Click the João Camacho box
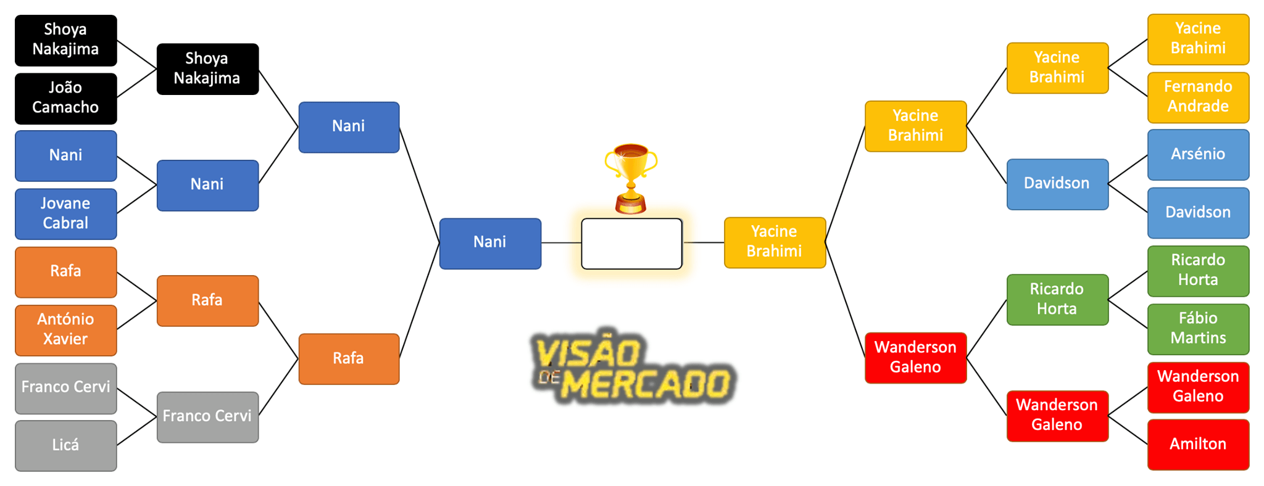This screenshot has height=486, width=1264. (65, 98)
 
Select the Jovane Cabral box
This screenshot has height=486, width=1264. (65, 213)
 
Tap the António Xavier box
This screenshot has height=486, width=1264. (65, 329)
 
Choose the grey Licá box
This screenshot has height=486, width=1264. (65, 445)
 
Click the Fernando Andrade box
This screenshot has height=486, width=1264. (1198, 97)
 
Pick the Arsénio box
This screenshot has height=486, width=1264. (1198, 154)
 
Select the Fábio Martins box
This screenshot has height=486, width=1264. (1198, 329)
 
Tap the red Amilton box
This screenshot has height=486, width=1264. (1198, 444)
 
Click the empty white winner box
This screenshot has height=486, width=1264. (631, 244)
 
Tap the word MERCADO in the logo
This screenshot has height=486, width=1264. (648, 384)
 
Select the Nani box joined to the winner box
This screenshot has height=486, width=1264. (490, 243)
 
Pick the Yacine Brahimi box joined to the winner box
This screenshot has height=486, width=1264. (775, 242)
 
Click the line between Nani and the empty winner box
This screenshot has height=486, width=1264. (561, 243)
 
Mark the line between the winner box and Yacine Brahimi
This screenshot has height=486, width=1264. (703, 242)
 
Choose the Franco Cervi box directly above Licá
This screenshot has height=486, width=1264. (65, 388)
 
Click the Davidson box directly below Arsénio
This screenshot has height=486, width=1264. (1198, 213)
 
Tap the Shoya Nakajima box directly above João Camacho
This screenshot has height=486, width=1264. (65, 40)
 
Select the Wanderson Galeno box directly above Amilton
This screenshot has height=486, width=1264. (1198, 387)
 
